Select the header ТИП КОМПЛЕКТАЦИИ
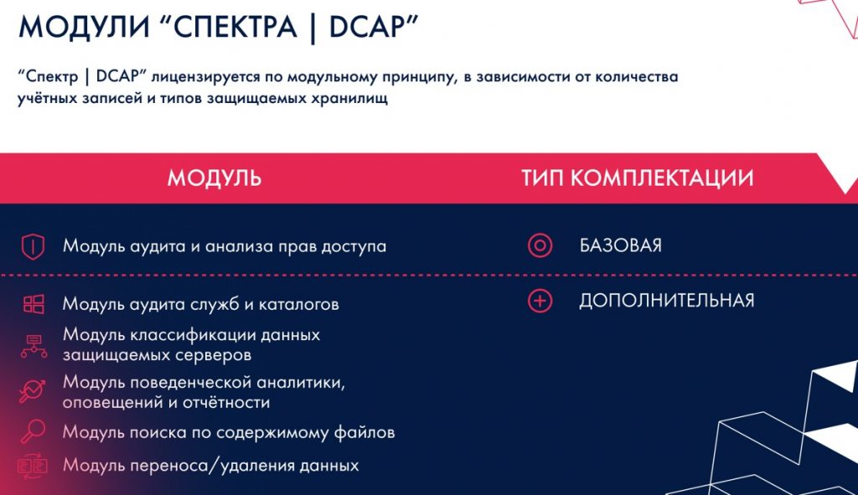[637, 178]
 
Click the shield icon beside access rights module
[33, 246]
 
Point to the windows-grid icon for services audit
[34, 304]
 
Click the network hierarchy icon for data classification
[34, 346]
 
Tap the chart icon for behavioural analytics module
[33, 391]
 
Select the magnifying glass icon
[33, 431]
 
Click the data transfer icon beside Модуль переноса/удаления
[33, 466]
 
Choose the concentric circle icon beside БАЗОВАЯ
[540, 245]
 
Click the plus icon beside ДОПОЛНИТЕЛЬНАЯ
[540, 301]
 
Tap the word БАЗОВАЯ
[621, 245]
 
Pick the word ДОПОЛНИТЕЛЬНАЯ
[666, 301]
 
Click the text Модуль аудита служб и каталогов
[201, 304]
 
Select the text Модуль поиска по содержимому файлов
[229, 433]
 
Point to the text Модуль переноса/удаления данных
[210, 466]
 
